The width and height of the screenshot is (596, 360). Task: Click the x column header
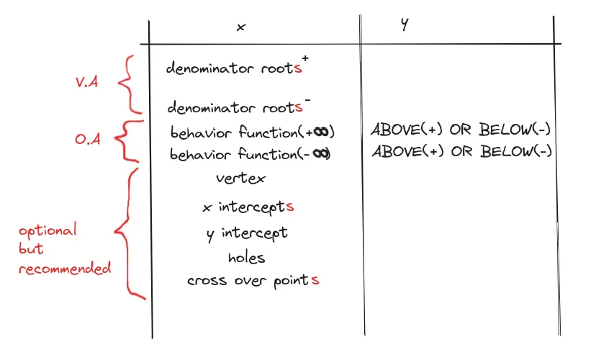pyautogui.click(x=241, y=27)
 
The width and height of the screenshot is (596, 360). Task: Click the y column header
pyautogui.click(x=405, y=24)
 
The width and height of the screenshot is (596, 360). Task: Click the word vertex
pyautogui.click(x=240, y=179)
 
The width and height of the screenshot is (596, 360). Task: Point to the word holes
pyautogui.click(x=246, y=257)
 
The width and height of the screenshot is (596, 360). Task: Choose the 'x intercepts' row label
pyautogui.click(x=248, y=208)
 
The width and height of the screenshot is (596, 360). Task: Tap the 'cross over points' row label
pyautogui.click(x=253, y=281)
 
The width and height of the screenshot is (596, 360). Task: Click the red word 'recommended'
pyautogui.click(x=65, y=269)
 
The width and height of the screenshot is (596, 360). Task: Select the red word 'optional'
pyautogui.click(x=48, y=232)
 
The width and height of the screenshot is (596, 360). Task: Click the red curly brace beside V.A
pyautogui.click(x=126, y=84)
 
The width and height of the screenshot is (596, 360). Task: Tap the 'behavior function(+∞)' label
pyautogui.click(x=253, y=133)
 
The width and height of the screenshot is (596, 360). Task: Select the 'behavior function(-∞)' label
pyautogui.click(x=253, y=154)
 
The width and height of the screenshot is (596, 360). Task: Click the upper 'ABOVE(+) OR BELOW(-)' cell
pyautogui.click(x=461, y=131)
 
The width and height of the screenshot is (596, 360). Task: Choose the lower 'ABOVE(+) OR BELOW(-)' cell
pyautogui.click(x=461, y=152)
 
